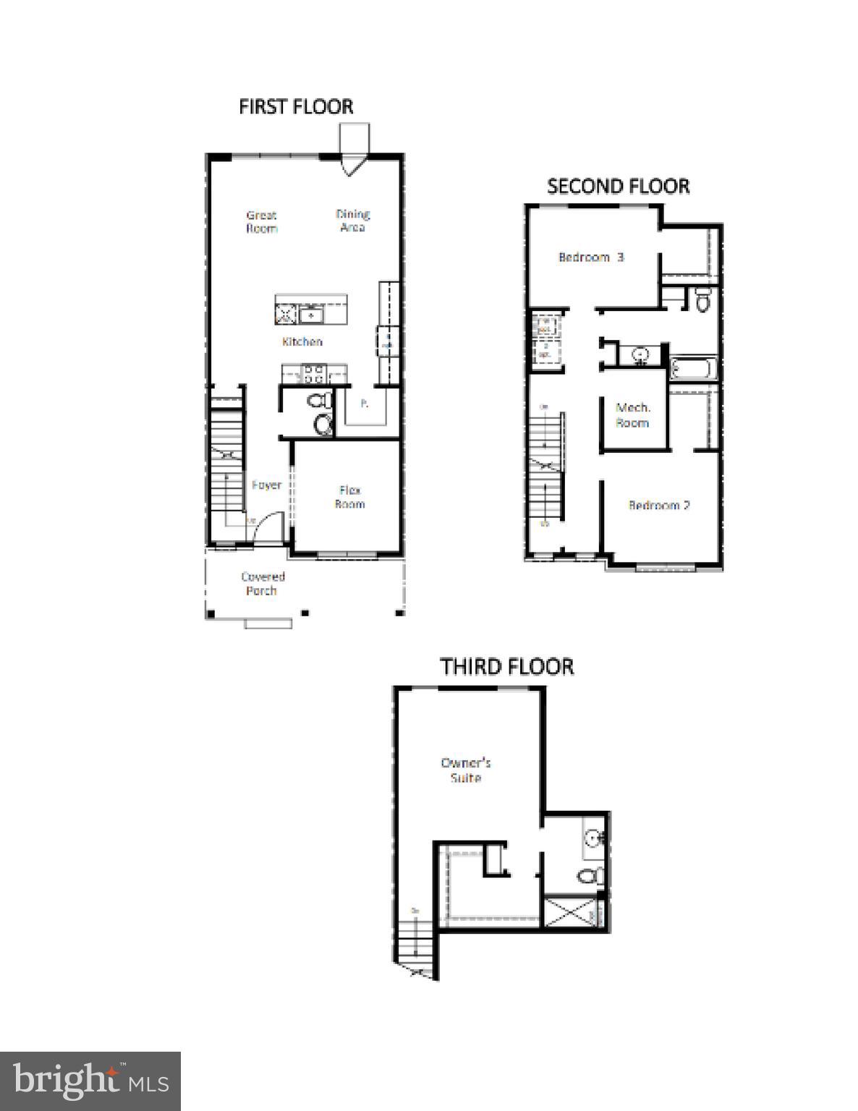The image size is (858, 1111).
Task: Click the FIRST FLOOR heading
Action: (296, 106)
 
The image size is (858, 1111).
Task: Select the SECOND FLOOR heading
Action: (618, 186)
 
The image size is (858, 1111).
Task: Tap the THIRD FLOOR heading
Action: (506, 666)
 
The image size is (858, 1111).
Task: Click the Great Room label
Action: (262, 221)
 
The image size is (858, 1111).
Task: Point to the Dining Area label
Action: (353, 220)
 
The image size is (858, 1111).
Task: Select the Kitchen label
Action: (302, 341)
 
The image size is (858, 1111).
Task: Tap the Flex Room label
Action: (349, 497)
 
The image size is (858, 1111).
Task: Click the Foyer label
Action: (266, 485)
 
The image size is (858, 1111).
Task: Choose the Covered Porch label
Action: (263, 583)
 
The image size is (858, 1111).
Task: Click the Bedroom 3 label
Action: (590, 257)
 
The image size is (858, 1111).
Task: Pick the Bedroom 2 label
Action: (658, 505)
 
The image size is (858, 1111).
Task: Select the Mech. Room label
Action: (632, 415)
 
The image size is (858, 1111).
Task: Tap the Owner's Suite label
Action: (466, 770)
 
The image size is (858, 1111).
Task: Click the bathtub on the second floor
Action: (693, 369)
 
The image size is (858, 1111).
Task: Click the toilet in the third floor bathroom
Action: (590, 876)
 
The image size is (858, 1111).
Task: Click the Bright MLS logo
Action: (90, 1081)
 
